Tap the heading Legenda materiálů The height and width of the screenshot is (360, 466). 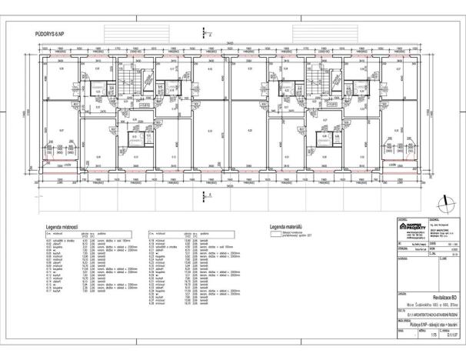tap(287, 228)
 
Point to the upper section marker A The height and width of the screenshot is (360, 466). tap(206, 35)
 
